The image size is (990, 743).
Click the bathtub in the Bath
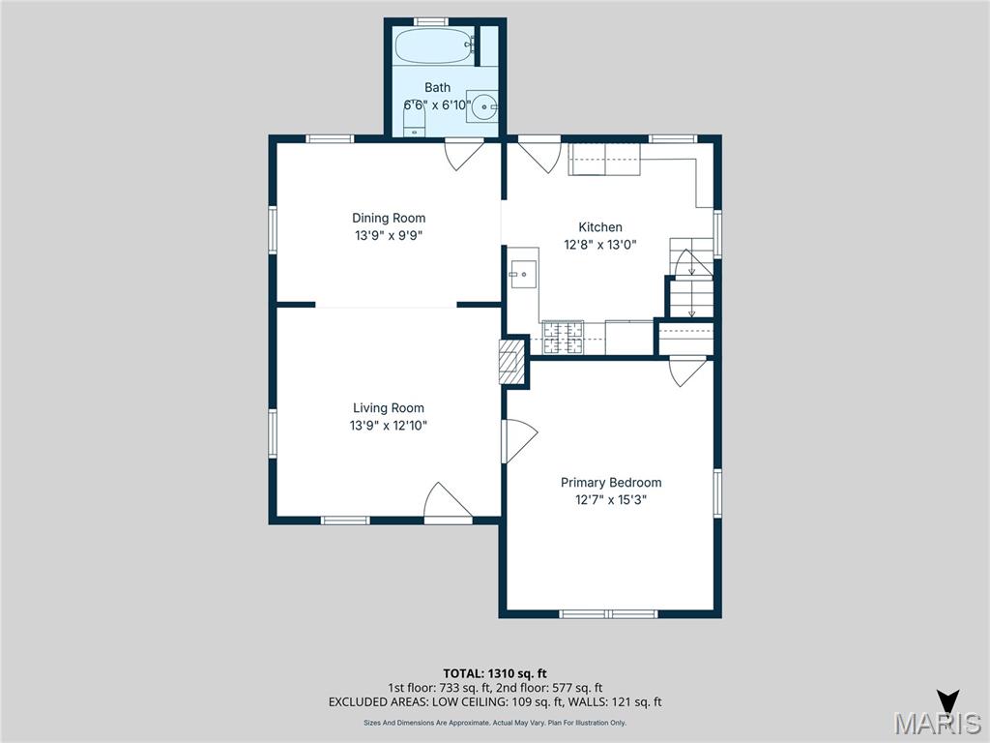pyautogui.click(x=435, y=44)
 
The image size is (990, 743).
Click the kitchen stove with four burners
pyautogui.click(x=563, y=337)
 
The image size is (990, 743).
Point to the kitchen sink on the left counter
pyautogui.click(x=523, y=275)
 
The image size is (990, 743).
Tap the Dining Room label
pyautogui.click(x=388, y=218)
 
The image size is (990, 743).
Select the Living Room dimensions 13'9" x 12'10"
pyautogui.click(x=388, y=425)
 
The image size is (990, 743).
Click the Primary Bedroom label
pyautogui.click(x=611, y=482)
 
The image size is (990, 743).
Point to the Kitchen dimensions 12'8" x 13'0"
pyautogui.click(x=600, y=245)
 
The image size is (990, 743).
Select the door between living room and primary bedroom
pyautogui.click(x=517, y=441)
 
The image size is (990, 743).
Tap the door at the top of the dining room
pyautogui.click(x=463, y=154)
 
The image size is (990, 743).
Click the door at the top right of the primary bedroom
pyautogui.click(x=688, y=371)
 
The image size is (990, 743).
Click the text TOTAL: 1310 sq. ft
pyautogui.click(x=495, y=672)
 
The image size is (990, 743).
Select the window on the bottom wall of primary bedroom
pyautogui.click(x=609, y=613)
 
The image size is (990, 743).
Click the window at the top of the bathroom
pyautogui.click(x=430, y=21)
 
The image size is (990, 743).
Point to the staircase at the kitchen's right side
pyautogui.click(x=692, y=281)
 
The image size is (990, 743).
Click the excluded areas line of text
pyautogui.click(x=495, y=702)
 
